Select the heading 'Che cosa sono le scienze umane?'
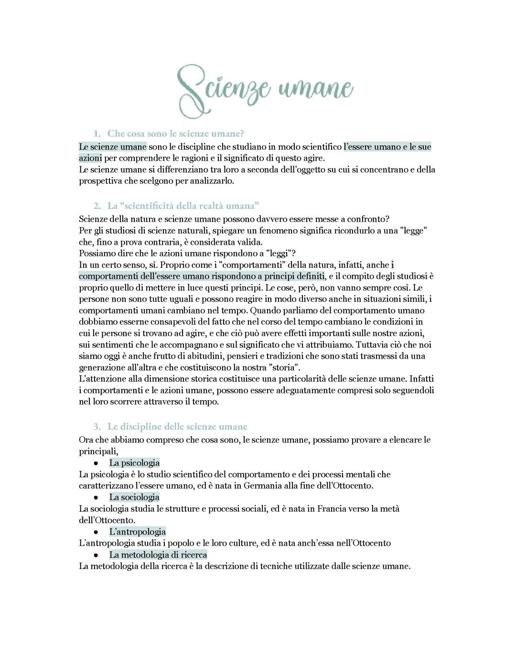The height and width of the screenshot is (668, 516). [175, 133]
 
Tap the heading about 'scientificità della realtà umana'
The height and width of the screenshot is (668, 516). [183, 206]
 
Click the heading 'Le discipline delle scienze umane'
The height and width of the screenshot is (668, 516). [177, 427]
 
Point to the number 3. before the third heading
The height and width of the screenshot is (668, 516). [97, 427]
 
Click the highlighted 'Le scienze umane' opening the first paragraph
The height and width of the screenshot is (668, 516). [113, 147]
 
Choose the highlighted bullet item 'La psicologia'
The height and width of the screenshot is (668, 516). [134, 463]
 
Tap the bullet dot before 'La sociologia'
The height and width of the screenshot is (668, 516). [96, 498]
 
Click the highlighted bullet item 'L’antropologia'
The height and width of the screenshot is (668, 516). [137, 532]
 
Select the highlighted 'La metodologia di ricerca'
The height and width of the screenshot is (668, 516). [158, 555]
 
